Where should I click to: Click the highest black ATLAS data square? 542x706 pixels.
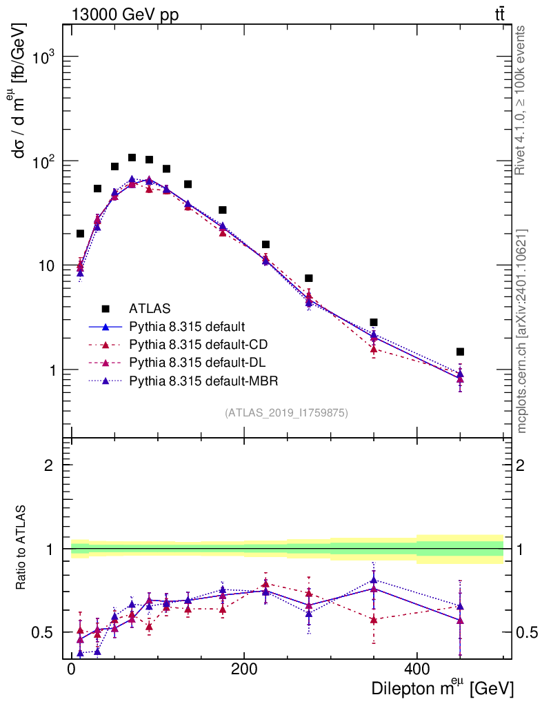[132, 158]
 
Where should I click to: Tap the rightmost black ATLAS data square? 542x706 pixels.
[460, 352]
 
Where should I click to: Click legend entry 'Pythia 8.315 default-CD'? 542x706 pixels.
[197, 344]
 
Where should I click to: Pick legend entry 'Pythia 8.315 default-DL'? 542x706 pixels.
[197, 362]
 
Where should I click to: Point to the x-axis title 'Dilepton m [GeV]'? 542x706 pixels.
[442, 688]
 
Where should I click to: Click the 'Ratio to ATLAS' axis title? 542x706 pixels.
[22, 548]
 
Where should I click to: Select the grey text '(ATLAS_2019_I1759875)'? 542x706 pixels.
[285, 413]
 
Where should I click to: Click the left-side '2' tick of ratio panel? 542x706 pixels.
[50, 465]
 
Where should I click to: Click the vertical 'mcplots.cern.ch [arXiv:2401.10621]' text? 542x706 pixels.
[522, 331]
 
